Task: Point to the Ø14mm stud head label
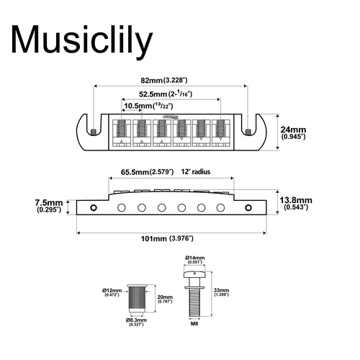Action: point(195,259)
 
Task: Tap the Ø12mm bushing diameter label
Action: point(112,292)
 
